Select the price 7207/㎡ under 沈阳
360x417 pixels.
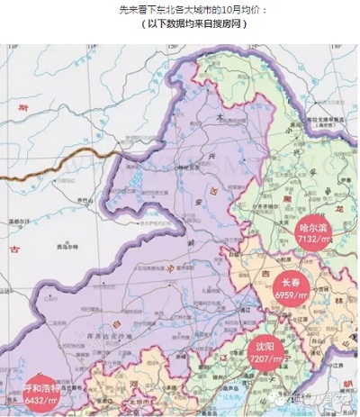266,358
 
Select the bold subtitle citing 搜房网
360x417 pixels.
181,24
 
